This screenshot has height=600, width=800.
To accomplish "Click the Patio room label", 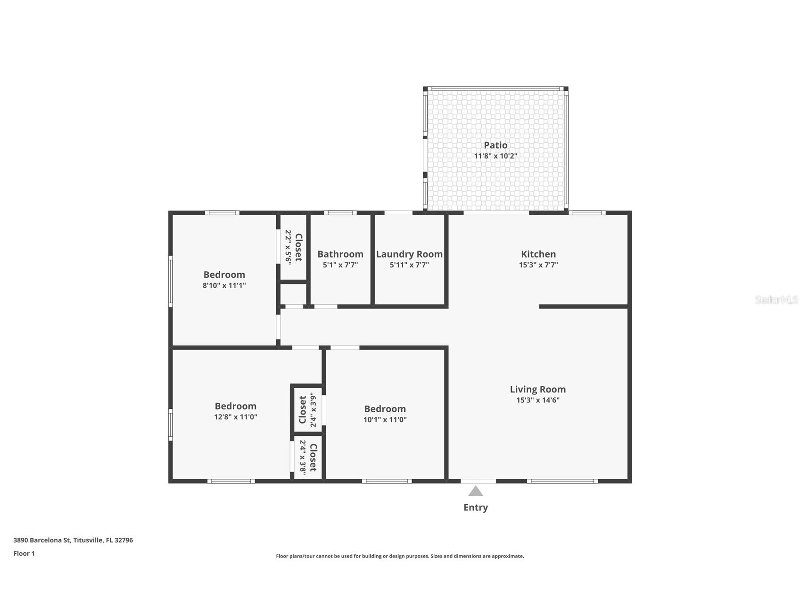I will click(x=495, y=145).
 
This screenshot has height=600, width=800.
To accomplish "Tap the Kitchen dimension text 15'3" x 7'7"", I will click(x=538, y=265).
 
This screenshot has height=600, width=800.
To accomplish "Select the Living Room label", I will click(x=537, y=389).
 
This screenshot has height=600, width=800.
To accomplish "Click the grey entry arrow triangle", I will click(x=476, y=492).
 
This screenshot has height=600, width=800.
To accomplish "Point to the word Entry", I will click(x=476, y=508).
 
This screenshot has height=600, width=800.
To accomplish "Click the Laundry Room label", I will click(x=409, y=254).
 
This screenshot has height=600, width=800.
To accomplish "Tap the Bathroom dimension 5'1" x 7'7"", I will click(x=340, y=265).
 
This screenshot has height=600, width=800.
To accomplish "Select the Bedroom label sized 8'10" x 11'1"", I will click(x=224, y=275).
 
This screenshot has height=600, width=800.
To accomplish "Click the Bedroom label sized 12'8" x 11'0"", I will click(x=235, y=406).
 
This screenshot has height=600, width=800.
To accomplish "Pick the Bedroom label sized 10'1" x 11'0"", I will click(x=385, y=409).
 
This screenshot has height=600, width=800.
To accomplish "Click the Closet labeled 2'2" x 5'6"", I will click(x=298, y=247).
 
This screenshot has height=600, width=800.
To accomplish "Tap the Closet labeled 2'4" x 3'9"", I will click(x=303, y=409).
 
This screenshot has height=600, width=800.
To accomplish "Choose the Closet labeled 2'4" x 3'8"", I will click(x=313, y=458).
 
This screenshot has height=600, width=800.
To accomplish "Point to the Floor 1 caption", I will click(x=24, y=554).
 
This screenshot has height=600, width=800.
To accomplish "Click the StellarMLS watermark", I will click(x=776, y=300).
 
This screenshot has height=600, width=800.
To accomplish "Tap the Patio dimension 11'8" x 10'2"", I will click(x=495, y=156).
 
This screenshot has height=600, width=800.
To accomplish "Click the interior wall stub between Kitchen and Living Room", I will click(x=583, y=307).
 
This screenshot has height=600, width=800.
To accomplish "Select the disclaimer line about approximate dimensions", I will click(x=400, y=556).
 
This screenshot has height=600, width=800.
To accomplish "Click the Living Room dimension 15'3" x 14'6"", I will click(x=537, y=400).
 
